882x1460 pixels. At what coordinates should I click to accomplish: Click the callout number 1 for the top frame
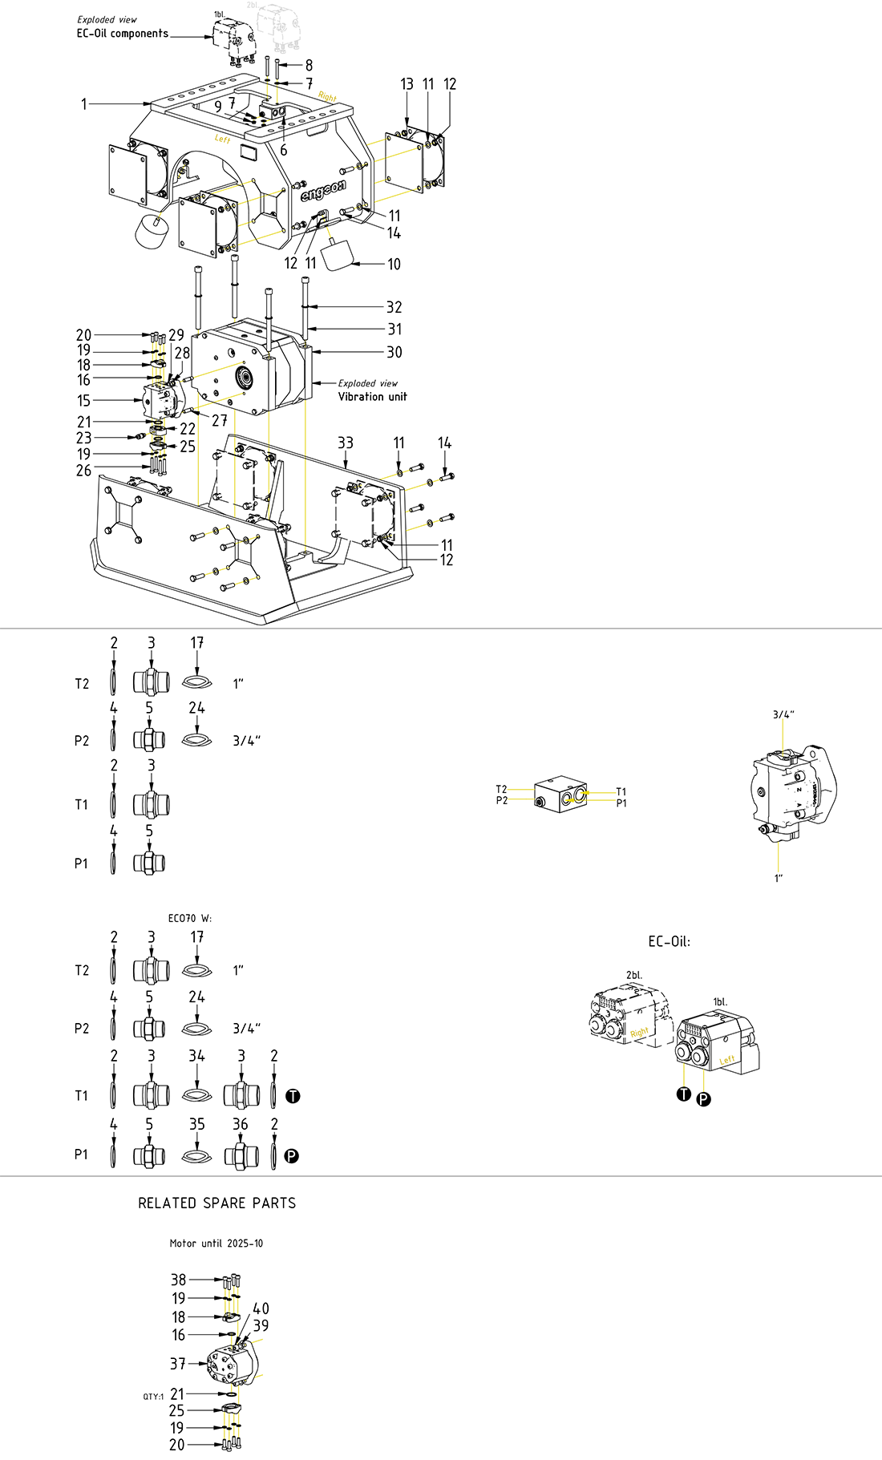click(x=83, y=104)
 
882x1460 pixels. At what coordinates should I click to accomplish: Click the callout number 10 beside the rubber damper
click(x=394, y=265)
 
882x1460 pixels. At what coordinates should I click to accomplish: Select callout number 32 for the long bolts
click(x=394, y=307)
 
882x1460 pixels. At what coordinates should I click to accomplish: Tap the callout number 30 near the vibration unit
click(x=394, y=353)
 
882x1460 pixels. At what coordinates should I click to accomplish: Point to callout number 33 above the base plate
click(x=346, y=443)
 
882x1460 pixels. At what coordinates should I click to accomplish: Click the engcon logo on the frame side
click(x=323, y=192)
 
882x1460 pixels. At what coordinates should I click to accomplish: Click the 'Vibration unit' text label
click(x=372, y=397)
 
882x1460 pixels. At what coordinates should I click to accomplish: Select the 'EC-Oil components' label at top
click(x=123, y=34)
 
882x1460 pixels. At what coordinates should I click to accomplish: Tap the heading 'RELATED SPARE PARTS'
click(x=216, y=1203)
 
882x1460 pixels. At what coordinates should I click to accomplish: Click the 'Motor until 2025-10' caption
click(x=216, y=1244)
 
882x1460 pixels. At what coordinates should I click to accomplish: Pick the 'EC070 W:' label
click(x=190, y=918)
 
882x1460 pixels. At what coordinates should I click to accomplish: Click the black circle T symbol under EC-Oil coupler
click(x=683, y=1094)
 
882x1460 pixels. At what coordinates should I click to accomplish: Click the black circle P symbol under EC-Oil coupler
click(x=703, y=1099)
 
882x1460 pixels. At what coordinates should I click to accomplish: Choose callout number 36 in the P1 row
click(x=241, y=1125)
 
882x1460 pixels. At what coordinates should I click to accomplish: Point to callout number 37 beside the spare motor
click(x=178, y=1364)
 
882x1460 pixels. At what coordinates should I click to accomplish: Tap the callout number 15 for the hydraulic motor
click(x=83, y=400)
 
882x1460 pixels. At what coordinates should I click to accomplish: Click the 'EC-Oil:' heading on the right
click(x=669, y=941)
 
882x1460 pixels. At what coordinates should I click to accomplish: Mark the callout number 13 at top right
click(x=407, y=84)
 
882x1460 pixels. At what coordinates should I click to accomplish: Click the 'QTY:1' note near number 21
click(x=153, y=1397)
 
